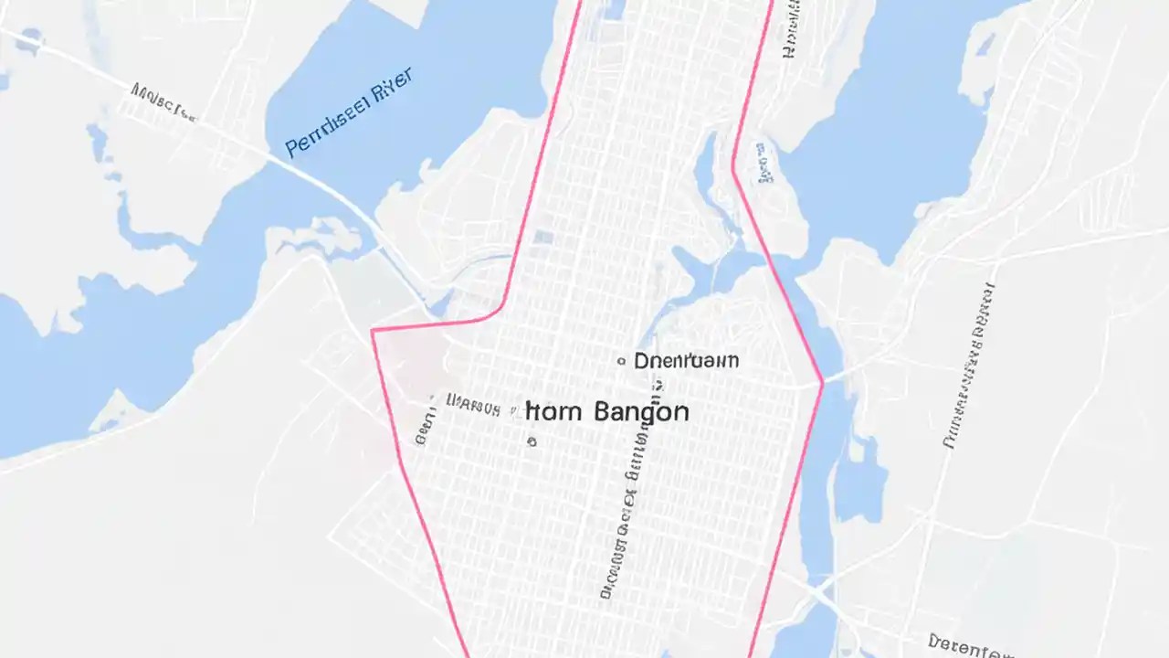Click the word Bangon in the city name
pyautogui.click(x=641, y=411)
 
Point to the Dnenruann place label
pyautogui.click(x=686, y=360)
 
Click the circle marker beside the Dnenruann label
pyautogui.click(x=621, y=361)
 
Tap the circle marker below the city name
pyautogui.click(x=532, y=441)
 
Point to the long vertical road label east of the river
pyautogui.click(x=969, y=366)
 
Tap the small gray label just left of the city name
pyautogui.click(x=473, y=403)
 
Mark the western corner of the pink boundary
pyautogui.click(x=373, y=331)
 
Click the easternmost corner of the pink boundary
pyautogui.click(x=822, y=383)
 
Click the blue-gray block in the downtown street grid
pyautogui.click(x=543, y=238)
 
